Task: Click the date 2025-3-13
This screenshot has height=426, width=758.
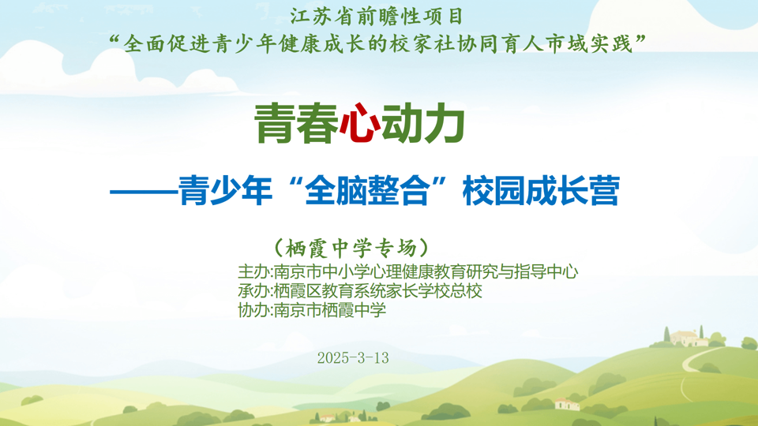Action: point(353,357)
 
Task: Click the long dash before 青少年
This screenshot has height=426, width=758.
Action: point(143,192)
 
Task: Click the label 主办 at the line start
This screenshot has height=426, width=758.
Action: point(253,272)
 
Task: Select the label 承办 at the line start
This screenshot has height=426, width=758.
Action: point(253,291)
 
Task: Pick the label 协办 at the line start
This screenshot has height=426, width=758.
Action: point(253,310)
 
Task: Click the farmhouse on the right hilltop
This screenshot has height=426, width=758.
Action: point(689,338)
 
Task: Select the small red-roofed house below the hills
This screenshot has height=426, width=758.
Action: point(566,404)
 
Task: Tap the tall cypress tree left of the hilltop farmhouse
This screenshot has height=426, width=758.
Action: point(667,334)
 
